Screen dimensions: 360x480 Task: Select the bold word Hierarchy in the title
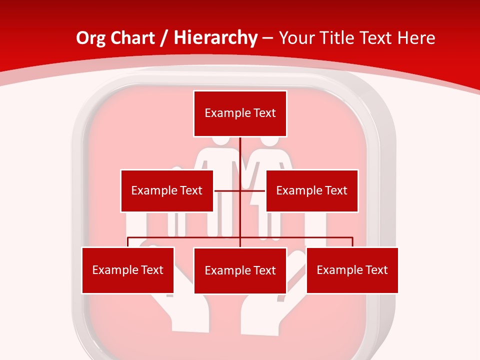click(215, 37)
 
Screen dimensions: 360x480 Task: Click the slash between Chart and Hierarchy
click(164, 37)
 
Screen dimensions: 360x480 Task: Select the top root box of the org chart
click(240, 113)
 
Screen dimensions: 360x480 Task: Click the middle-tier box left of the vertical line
click(167, 190)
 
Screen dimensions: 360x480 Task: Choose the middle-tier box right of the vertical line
click(312, 190)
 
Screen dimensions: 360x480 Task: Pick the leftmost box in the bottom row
click(128, 270)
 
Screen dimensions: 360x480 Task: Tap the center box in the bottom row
click(240, 270)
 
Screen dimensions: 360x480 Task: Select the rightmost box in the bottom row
click(352, 270)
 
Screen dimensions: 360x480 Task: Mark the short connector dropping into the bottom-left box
click(128, 242)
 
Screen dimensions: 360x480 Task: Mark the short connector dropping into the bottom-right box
click(352, 242)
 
